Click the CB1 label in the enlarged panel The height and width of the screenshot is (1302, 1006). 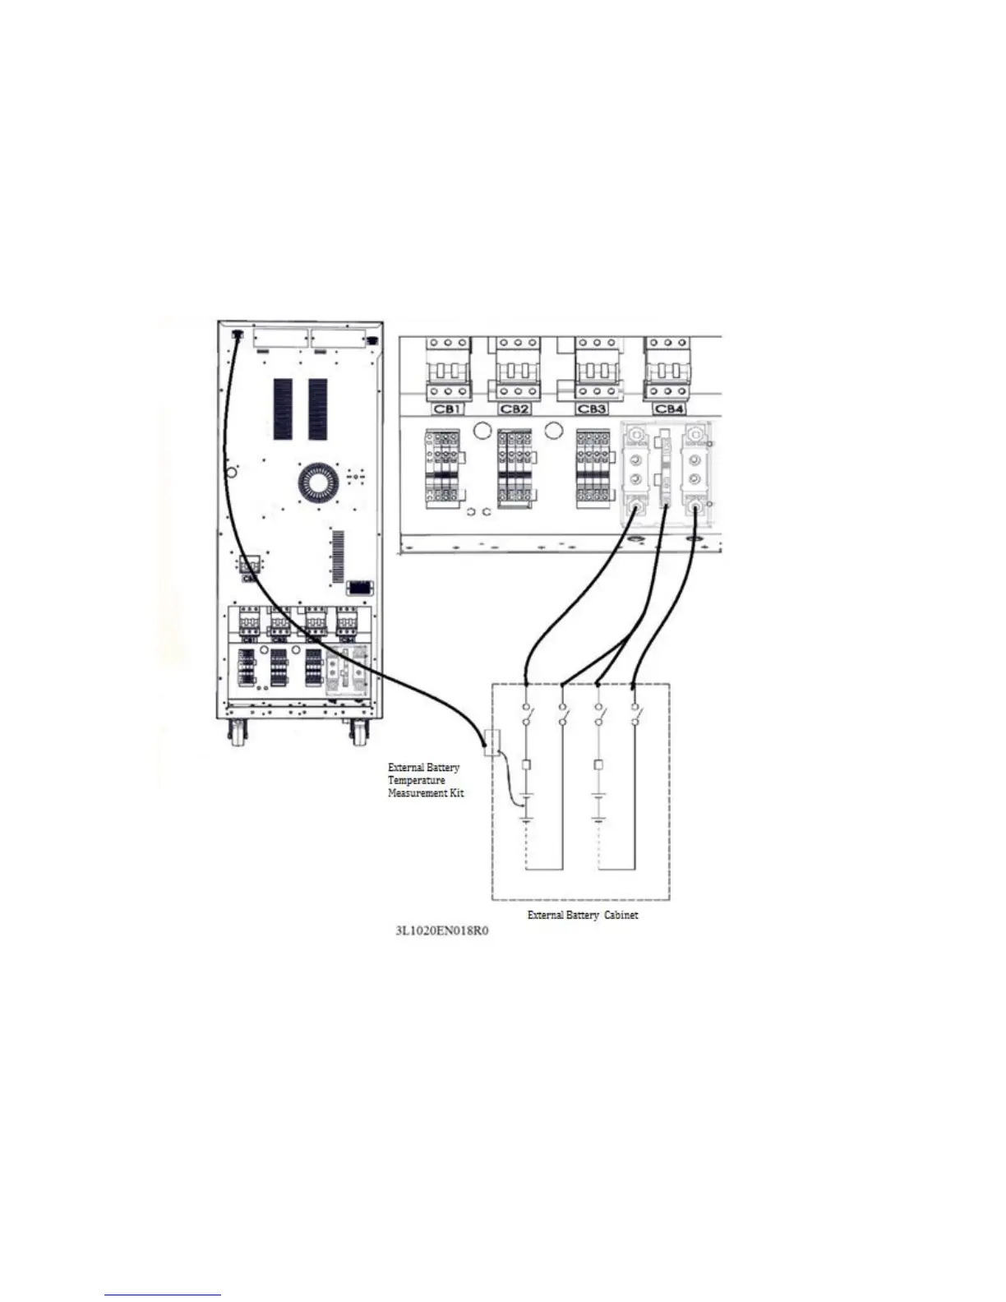[446, 409]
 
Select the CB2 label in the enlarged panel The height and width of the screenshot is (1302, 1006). [515, 409]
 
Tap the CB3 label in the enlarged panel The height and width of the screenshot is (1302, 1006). [593, 409]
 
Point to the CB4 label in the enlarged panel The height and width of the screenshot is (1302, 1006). [668, 409]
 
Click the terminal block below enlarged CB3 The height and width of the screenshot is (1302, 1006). [593, 464]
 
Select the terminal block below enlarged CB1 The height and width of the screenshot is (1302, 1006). [441, 464]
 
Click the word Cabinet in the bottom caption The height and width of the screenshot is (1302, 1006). [621, 915]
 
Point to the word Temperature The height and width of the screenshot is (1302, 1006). [417, 780]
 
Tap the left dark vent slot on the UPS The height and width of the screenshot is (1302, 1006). [282, 409]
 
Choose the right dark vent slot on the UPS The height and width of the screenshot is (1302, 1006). [318, 409]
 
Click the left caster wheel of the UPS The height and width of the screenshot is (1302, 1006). [238, 732]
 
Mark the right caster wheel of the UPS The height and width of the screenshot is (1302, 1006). [359, 732]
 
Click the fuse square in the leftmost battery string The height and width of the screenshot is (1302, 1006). [527, 764]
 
